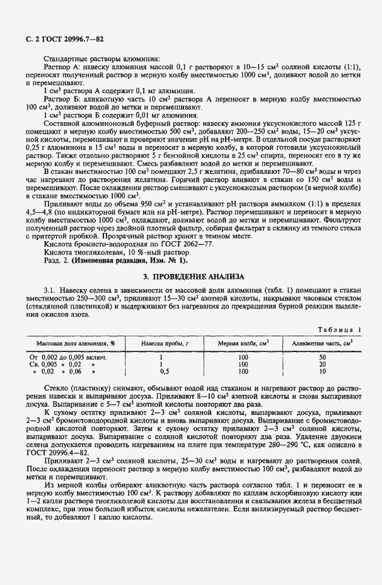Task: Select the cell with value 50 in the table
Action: pyautogui.click(x=322, y=356)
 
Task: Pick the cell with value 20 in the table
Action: pyautogui.click(x=322, y=364)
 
